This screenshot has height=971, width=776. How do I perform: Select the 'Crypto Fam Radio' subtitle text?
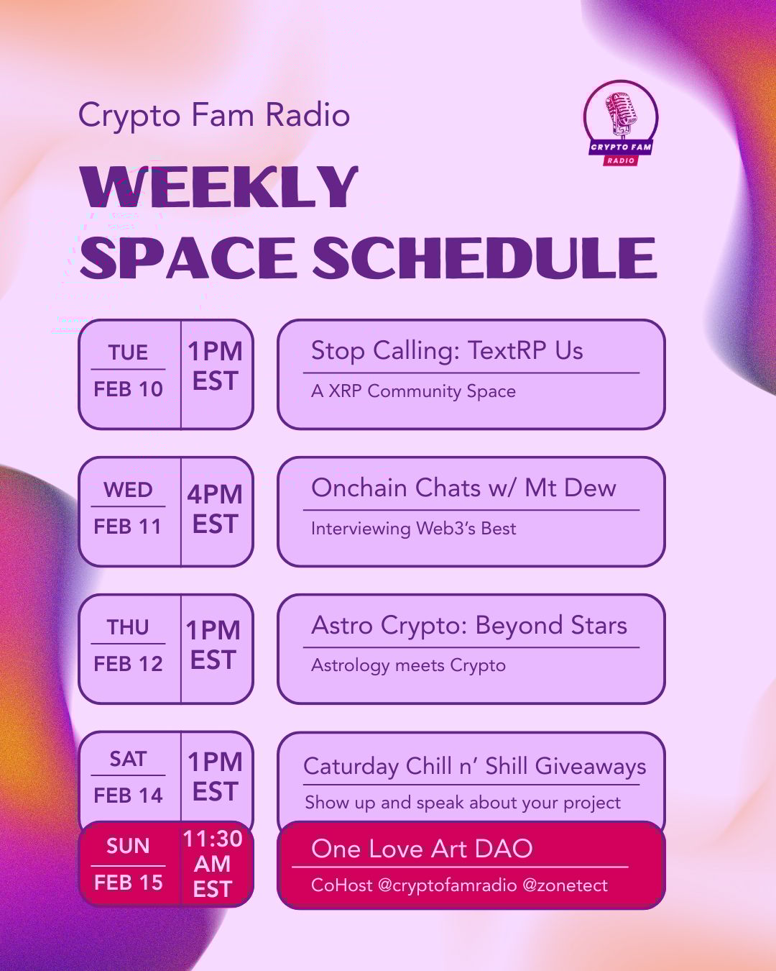[214, 114]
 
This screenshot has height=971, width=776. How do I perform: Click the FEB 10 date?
[128, 389]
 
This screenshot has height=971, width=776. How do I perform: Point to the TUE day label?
[128, 352]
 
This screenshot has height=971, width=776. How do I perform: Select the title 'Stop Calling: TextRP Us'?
[447, 350]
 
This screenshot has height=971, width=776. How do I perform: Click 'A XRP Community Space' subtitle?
[413, 391]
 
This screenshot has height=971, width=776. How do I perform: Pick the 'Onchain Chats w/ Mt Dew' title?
[463, 488]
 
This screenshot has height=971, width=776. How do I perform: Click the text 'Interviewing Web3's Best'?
[413, 529]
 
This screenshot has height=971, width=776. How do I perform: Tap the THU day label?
[128, 627]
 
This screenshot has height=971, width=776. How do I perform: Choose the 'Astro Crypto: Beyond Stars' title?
[469, 626]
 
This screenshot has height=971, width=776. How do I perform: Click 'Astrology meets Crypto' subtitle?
[409, 665]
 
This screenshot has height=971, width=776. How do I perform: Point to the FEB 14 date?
[128, 796]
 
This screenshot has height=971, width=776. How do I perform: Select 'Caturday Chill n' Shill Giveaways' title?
[475, 766]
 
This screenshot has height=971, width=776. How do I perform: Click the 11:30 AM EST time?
[213, 864]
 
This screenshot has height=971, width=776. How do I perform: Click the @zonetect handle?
[565, 885]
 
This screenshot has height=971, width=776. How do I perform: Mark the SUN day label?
[128, 846]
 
